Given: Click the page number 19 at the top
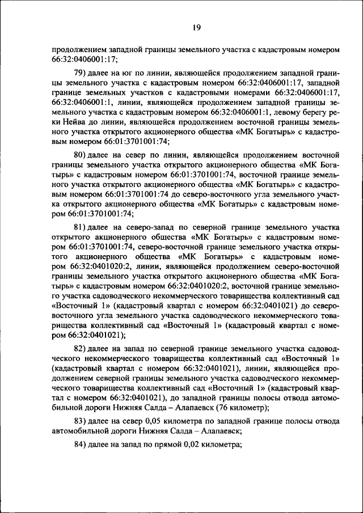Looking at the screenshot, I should click(196, 27).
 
